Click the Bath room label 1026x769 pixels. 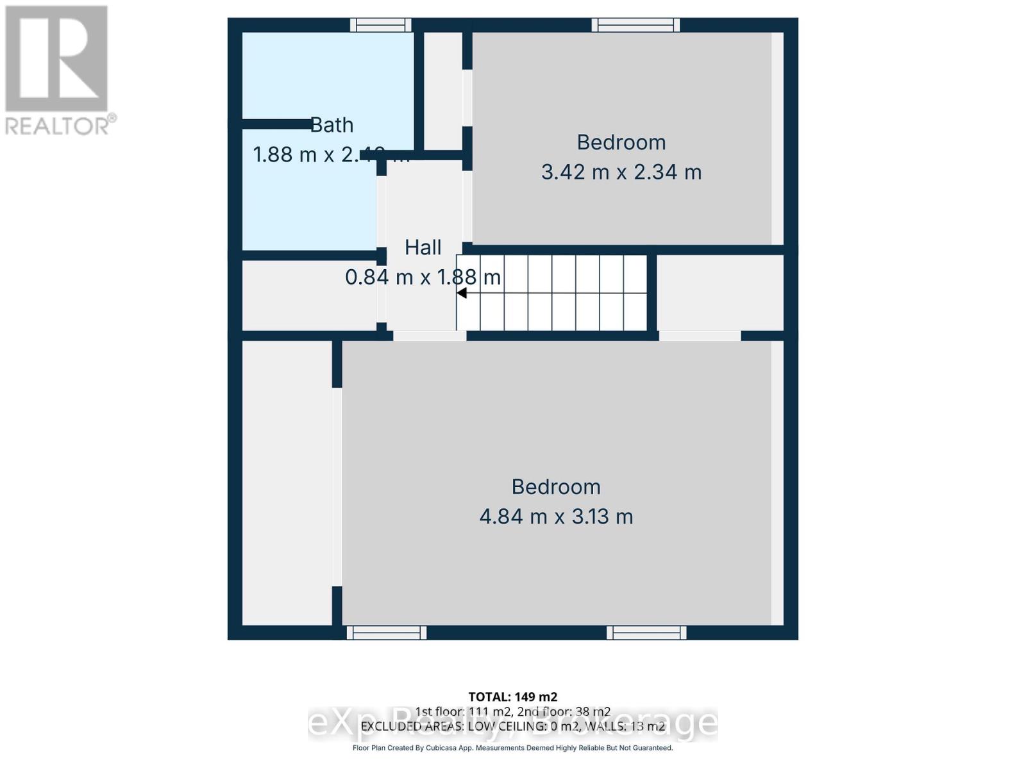pyautogui.click(x=332, y=125)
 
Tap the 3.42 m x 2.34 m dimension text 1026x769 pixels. pyautogui.click(x=621, y=172)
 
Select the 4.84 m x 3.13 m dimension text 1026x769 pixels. pyautogui.click(x=556, y=517)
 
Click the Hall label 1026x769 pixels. pyautogui.click(x=423, y=247)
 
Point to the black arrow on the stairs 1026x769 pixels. pyautogui.click(x=462, y=293)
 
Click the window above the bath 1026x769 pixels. pyautogui.click(x=380, y=25)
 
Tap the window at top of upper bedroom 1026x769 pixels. pyautogui.click(x=635, y=25)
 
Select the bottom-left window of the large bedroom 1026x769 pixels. pyautogui.click(x=387, y=633)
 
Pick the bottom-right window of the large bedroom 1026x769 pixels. pyautogui.click(x=646, y=633)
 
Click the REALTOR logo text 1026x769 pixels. pyautogui.click(x=60, y=125)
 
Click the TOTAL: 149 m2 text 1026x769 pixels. pyautogui.click(x=512, y=697)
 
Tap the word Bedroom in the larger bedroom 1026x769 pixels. pyautogui.click(x=556, y=487)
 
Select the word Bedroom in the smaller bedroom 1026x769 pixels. pyautogui.click(x=621, y=142)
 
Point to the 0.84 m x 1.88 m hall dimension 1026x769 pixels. pyautogui.click(x=423, y=277)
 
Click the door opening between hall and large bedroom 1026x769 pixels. pyautogui.click(x=429, y=336)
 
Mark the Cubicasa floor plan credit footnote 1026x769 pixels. pyautogui.click(x=512, y=748)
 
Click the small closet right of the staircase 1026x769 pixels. pyautogui.click(x=719, y=292)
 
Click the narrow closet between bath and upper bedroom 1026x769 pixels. pyautogui.click(x=442, y=90)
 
